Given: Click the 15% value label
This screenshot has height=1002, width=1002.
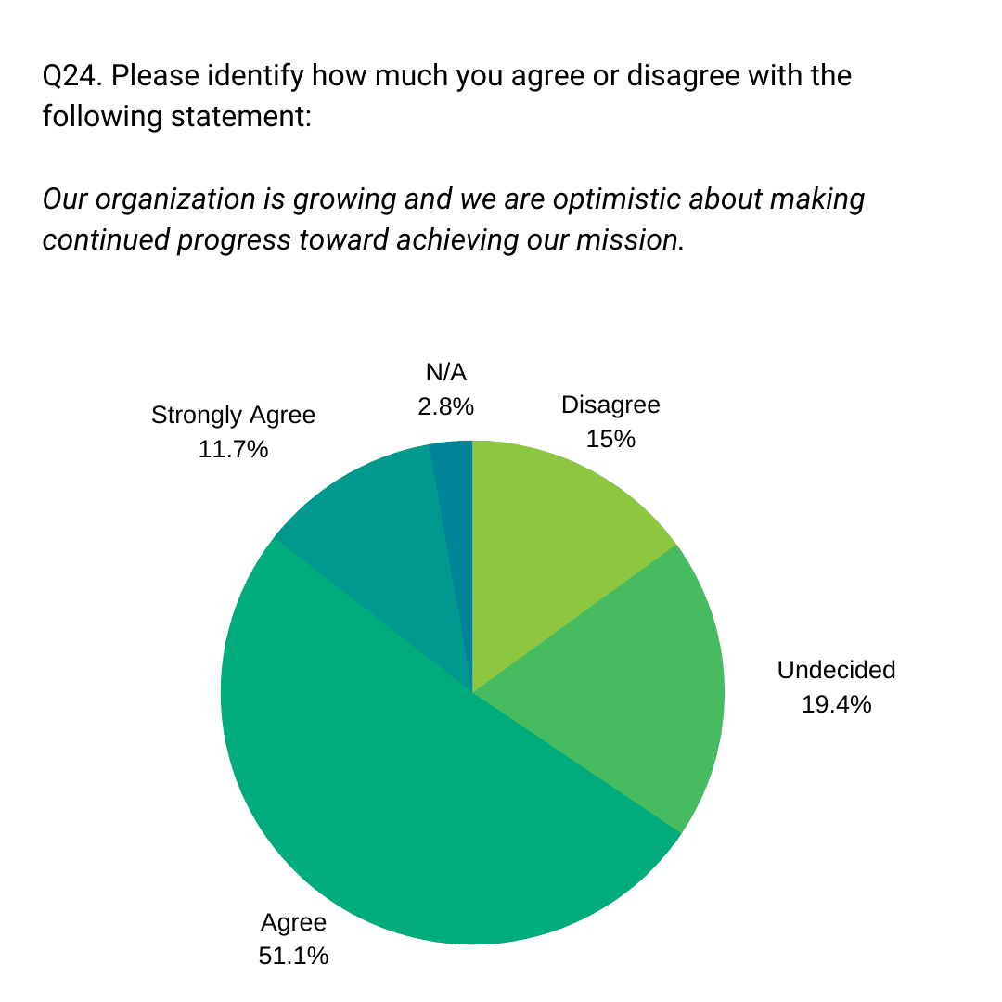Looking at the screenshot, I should tap(610, 439).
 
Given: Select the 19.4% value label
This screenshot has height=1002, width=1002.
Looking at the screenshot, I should tap(836, 704).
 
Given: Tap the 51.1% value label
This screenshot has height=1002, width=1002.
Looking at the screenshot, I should tap(293, 956).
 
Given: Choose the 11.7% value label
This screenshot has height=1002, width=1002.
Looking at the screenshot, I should tap(233, 450).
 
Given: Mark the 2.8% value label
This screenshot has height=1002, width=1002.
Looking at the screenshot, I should tap(445, 405).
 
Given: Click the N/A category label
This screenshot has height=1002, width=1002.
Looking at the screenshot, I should tap(445, 373).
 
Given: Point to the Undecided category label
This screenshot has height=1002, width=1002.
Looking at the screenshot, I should tap(836, 670).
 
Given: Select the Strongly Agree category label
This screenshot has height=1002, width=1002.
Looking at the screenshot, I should tap(233, 415).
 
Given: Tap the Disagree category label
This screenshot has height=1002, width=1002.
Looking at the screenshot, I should tap(610, 405).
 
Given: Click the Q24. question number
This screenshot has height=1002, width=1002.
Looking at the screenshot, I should tap(71, 75).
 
